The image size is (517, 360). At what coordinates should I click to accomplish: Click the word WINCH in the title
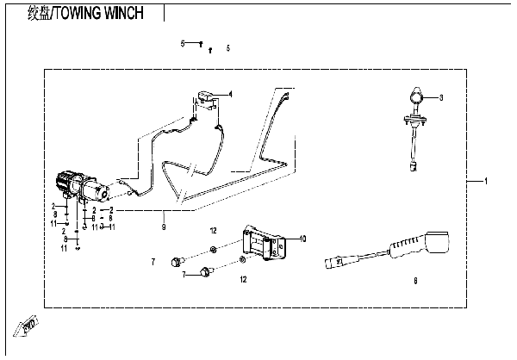tap(136, 14)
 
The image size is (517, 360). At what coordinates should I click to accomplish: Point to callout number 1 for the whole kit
tap(486, 183)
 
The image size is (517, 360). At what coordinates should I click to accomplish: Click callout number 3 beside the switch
tap(439, 99)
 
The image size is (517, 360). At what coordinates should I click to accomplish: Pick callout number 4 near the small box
tap(230, 93)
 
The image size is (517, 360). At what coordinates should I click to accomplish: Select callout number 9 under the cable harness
tap(162, 227)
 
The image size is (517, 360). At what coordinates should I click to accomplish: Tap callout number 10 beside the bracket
tap(302, 237)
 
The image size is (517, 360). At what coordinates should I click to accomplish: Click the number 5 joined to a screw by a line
tap(183, 43)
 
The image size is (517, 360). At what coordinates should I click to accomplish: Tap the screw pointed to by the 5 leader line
tap(199, 43)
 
